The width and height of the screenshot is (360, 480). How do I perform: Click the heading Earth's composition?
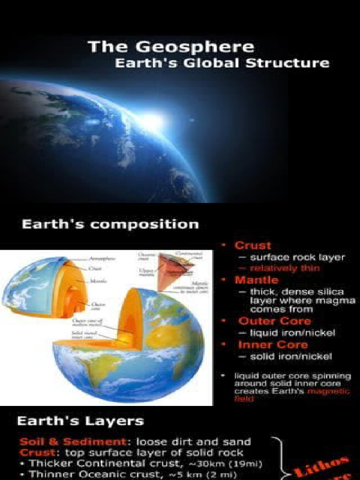tap(110, 224)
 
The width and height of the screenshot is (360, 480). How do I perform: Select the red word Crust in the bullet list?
tap(253, 245)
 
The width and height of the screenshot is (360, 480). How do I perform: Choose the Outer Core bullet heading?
tap(274, 321)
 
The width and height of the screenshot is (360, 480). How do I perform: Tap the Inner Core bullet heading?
tap(273, 345)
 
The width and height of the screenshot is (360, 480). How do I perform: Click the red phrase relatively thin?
tap(285, 269)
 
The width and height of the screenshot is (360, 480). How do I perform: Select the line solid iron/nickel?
tap(291, 356)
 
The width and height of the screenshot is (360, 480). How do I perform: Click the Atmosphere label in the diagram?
tap(103, 258)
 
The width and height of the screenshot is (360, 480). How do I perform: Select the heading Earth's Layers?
tap(80, 420)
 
